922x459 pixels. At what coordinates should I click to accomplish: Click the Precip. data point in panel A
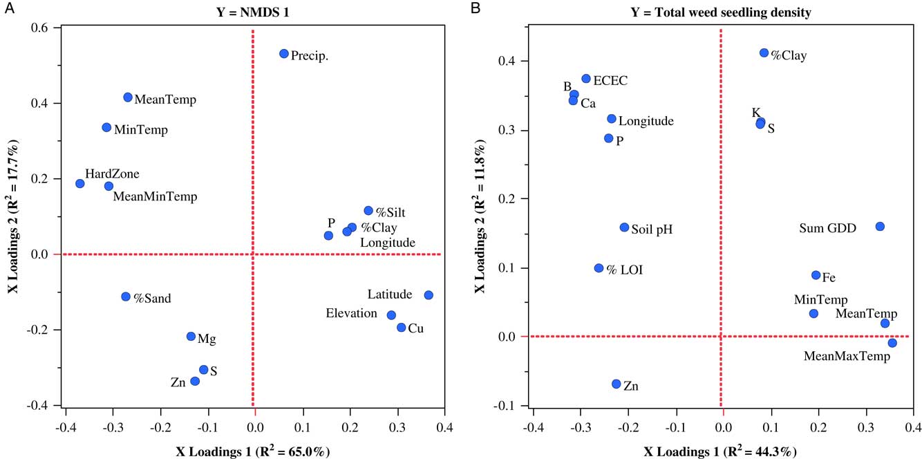(x=283, y=54)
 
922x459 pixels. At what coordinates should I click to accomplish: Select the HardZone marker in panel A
(x=80, y=184)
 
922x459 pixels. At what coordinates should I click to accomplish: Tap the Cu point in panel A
(x=401, y=328)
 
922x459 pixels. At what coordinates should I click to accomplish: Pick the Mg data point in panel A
(x=191, y=337)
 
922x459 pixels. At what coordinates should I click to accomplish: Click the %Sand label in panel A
(x=152, y=299)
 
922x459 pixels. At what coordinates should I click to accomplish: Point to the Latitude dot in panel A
(x=429, y=295)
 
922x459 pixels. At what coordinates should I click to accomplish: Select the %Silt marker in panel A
(x=368, y=211)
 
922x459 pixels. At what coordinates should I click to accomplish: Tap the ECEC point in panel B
(x=586, y=79)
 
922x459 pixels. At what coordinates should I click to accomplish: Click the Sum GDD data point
(x=880, y=227)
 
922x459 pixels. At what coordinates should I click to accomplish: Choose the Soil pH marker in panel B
(x=624, y=227)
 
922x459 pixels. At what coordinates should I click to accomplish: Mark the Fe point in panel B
(x=816, y=275)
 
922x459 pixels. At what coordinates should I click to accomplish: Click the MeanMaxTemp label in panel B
(x=847, y=357)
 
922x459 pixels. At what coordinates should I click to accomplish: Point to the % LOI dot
(x=599, y=268)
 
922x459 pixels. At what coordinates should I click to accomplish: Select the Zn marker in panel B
(x=616, y=384)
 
